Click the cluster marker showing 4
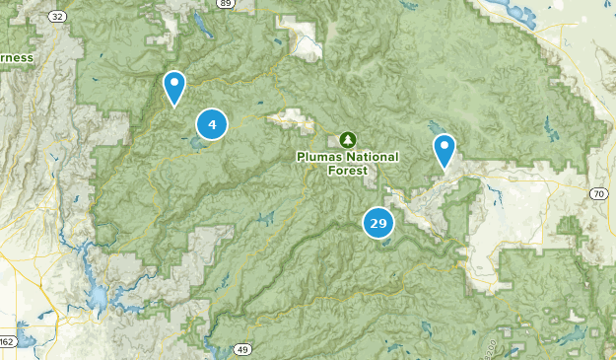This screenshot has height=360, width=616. point(212,124)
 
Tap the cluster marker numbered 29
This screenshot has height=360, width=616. point(378,223)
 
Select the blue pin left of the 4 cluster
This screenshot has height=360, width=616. point(174,88)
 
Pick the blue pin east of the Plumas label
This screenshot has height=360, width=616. point(445,152)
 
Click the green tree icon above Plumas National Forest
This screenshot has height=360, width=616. point(347,139)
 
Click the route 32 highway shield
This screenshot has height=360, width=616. point(57,17)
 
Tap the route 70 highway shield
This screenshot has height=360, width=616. point(599,194)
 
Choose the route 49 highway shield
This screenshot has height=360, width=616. point(242,349)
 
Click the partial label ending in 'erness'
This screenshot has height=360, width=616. point(16,57)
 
